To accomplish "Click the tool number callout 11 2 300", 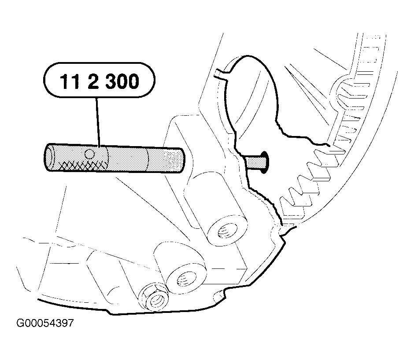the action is coord(99,80).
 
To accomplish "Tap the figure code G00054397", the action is coord(45,323).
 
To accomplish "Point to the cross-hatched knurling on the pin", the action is coord(84,165).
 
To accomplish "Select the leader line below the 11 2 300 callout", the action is coord(97,122).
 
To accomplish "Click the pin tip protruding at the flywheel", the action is coord(255,162).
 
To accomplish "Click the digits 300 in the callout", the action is coord(122,81).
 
